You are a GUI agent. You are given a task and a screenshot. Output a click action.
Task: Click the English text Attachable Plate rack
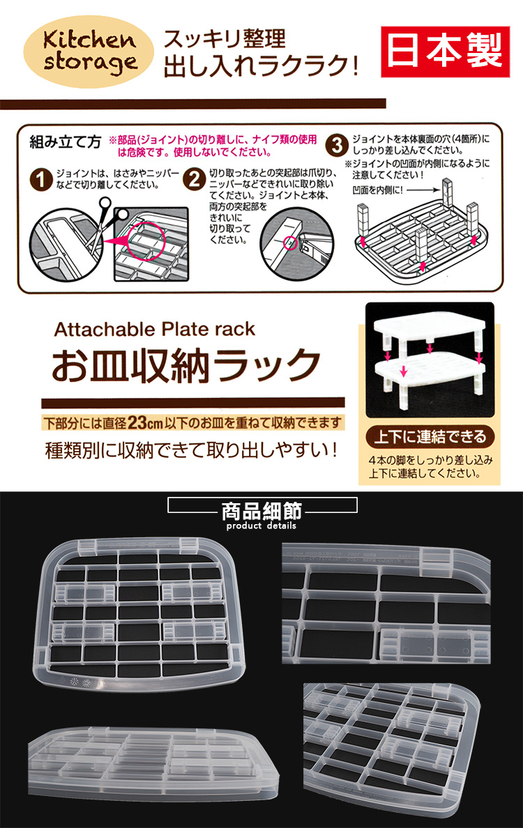coord(155,328)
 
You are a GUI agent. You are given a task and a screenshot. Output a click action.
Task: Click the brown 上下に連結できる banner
coord(430,438)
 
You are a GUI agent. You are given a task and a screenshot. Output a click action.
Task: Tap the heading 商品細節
coord(261,511)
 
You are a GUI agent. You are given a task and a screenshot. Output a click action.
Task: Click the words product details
coord(261,526)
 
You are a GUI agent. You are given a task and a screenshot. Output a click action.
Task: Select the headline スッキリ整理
coord(225,38)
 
